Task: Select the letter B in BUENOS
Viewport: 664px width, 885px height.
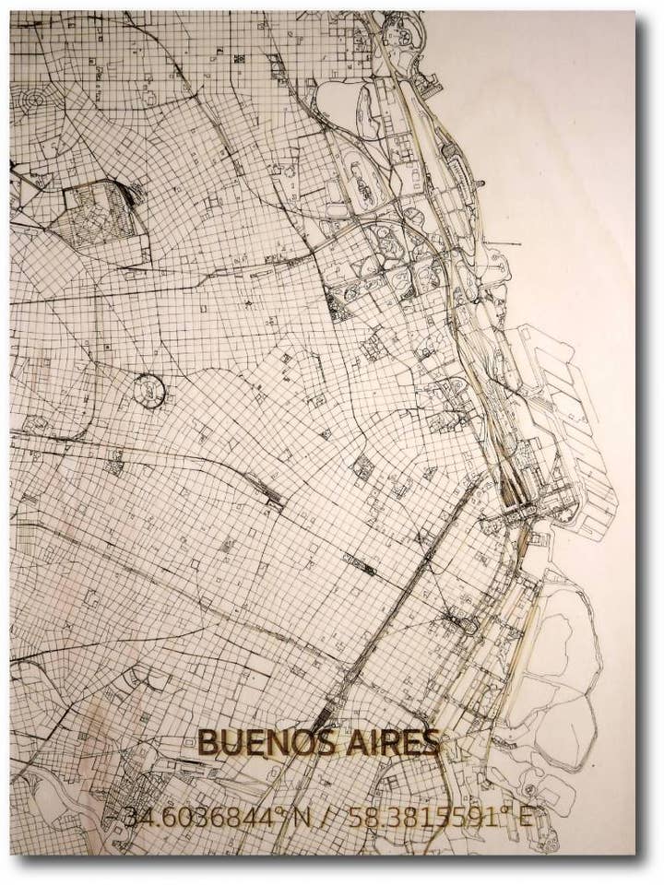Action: click(208, 742)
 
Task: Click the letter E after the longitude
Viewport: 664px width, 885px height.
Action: click(525, 817)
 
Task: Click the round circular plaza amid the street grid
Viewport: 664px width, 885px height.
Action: click(148, 390)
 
